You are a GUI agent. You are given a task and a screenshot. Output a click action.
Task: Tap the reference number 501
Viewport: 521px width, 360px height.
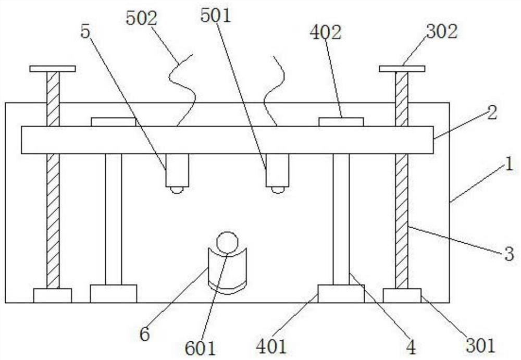(x=216, y=16)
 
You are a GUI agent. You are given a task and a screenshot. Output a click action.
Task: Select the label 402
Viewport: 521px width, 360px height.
(x=325, y=33)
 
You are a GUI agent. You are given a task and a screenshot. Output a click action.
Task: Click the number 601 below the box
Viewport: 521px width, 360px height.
(x=200, y=347)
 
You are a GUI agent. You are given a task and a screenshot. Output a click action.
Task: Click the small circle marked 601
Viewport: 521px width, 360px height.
(x=227, y=242)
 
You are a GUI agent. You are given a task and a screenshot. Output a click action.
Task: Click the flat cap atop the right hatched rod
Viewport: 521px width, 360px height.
(x=402, y=69)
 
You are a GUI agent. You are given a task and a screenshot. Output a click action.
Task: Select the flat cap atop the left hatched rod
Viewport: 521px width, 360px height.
(x=53, y=69)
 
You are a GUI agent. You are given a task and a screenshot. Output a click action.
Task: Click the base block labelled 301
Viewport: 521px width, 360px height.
(x=402, y=295)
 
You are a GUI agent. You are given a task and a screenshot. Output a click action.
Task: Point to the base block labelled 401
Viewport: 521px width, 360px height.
(x=341, y=293)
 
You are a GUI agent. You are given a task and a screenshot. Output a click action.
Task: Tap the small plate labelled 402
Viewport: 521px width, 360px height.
(x=341, y=122)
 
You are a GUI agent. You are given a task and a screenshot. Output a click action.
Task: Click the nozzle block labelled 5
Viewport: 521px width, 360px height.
(x=177, y=170)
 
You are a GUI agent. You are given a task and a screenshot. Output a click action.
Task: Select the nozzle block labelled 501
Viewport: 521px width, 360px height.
(x=277, y=170)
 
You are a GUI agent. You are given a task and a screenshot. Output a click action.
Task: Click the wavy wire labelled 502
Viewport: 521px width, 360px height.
(x=182, y=89)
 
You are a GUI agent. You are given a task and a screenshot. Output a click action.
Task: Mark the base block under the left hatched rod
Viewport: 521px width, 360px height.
(x=53, y=295)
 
